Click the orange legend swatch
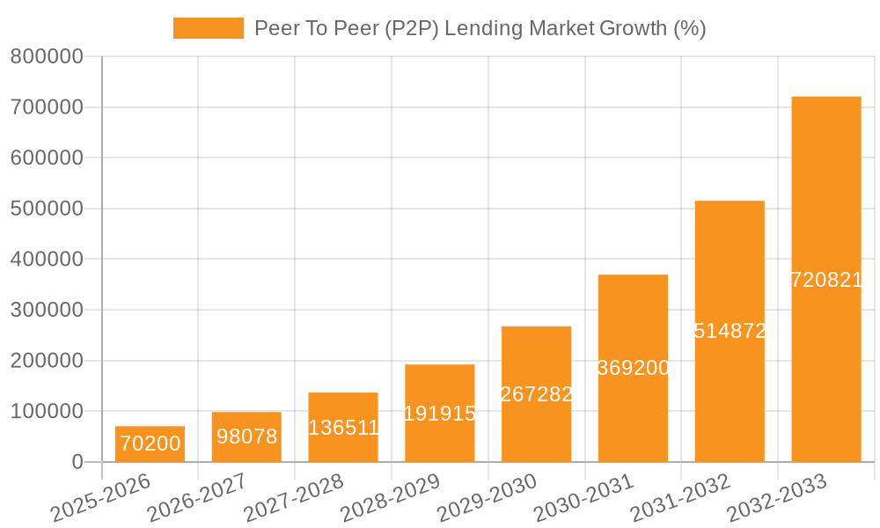click(x=209, y=28)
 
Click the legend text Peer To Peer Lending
click(x=480, y=28)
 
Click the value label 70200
click(x=150, y=444)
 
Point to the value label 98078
click(x=246, y=436)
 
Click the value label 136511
click(x=343, y=428)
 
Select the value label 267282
click(x=537, y=394)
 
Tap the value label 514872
click(x=730, y=331)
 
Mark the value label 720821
click(x=826, y=280)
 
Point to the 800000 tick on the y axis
click(x=47, y=56)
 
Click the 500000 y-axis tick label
click(x=47, y=209)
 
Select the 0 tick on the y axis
click(x=77, y=462)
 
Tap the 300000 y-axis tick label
click(x=47, y=310)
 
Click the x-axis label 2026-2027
click(x=195, y=498)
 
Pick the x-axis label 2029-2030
click(x=486, y=498)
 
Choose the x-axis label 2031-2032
click(x=679, y=498)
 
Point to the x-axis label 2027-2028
click(x=292, y=498)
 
